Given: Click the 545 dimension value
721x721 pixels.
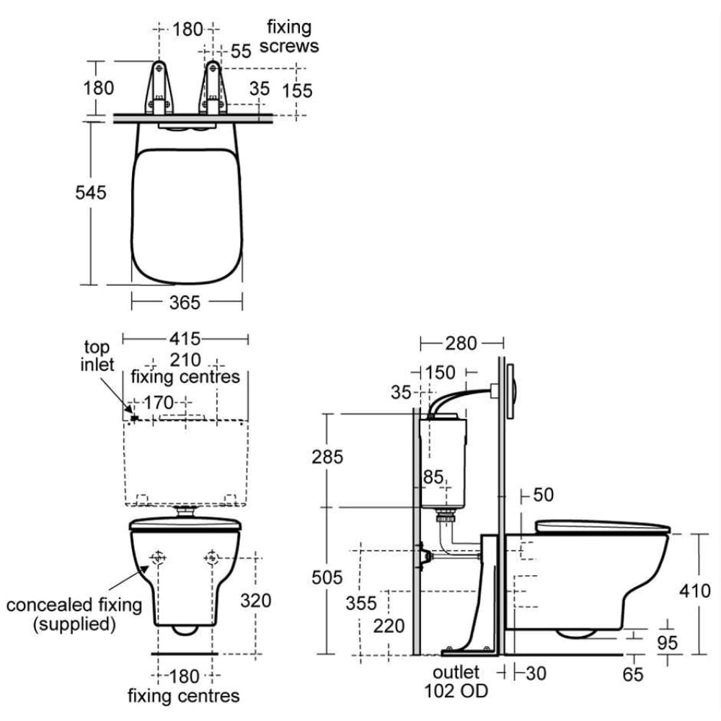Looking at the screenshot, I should click(x=91, y=193).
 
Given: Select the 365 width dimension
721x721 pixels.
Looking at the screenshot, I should click(x=185, y=303).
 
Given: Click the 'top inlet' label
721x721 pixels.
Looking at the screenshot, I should click(x=97, y=356).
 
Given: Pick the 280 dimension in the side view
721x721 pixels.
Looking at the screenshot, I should click(x=461, y=343).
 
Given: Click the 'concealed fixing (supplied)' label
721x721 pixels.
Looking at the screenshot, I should click(x=74, y=614).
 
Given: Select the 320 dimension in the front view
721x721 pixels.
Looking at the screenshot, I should click(x=256, y=600).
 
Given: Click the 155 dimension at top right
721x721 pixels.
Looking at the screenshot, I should click(x=297, y=91).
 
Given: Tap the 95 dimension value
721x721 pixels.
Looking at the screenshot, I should click(x=667, y=642).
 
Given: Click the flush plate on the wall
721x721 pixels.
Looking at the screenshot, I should click(x=511, y=392).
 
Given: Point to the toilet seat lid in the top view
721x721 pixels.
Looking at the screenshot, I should click(x=187, y=215).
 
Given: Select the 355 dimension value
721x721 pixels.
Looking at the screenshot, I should click(x=362, y=602).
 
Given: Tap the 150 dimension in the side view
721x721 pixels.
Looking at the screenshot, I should click(x=440, y=372).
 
